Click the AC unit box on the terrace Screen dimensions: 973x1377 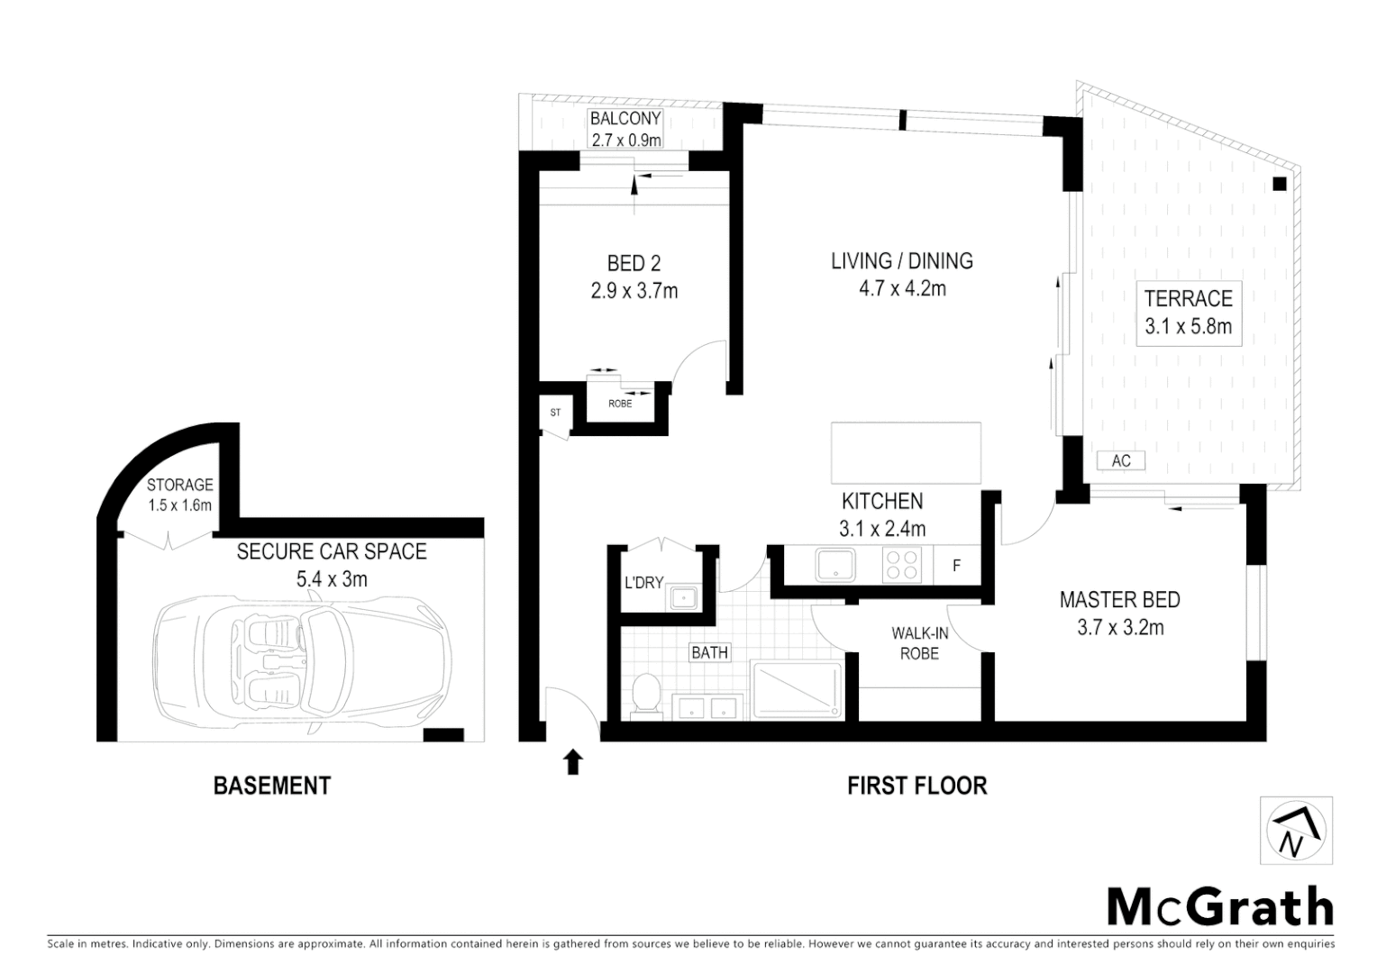pos(1120,460)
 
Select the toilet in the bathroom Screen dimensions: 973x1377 pos(646,696)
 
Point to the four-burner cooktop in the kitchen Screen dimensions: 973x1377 pos(902,565)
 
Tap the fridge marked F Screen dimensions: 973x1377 pos(956,566)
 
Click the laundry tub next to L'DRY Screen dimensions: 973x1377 pos(684,597)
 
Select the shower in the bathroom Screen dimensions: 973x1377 pos(796,690)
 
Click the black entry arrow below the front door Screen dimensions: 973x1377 pos(573,763)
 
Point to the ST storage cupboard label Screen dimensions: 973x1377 pos(555,414)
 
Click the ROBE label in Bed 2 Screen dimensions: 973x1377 pos(620,404)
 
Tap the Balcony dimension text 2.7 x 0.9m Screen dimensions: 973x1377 pos(625,140)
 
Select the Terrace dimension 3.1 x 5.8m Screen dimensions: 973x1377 pos(1188,326)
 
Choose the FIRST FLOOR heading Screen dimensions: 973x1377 pos(916,786)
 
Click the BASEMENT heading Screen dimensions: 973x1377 pos(271,786)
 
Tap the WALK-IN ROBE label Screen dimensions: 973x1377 pos(919,643)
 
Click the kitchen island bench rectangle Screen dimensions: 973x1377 pos(906,453)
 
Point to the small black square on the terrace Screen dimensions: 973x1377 pos(1279,184)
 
